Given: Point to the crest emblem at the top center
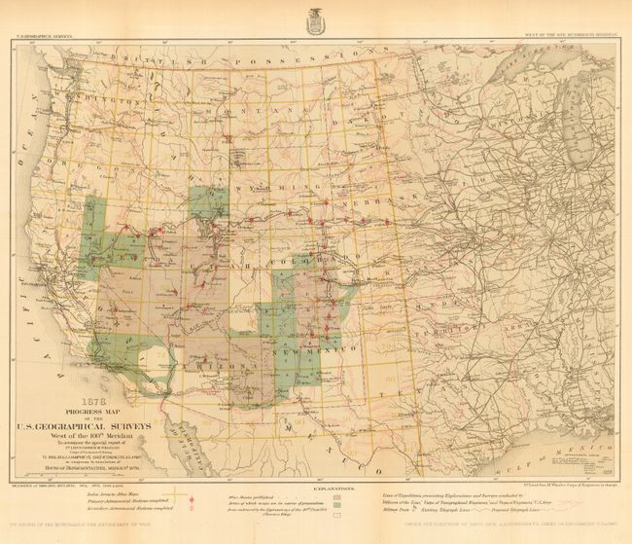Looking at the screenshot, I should [x=317, y=18].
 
